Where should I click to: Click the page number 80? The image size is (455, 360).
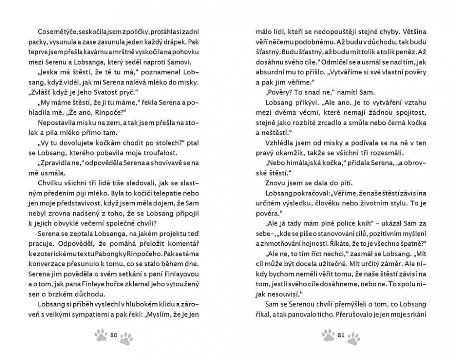114,335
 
